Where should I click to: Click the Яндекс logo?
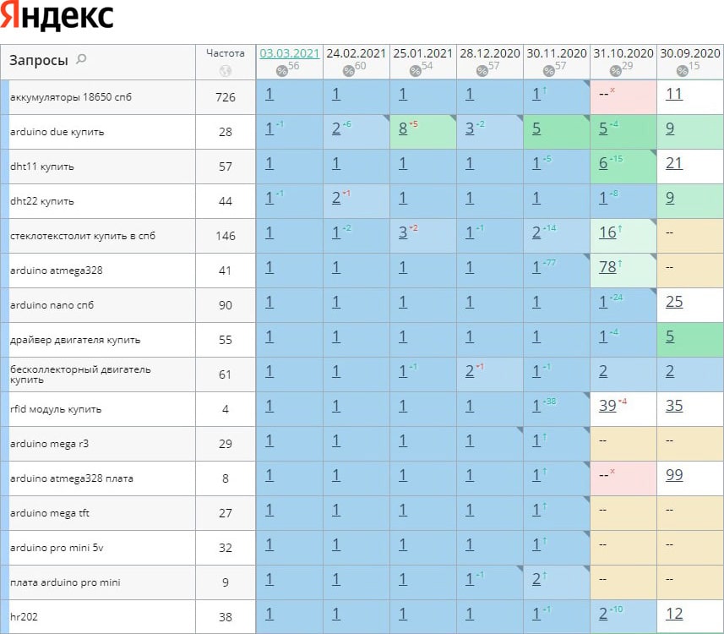tap(57, 18)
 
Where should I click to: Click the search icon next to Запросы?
tap(81, 59)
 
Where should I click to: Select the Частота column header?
tap(225, 52)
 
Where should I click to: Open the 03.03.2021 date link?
tap(290, 52)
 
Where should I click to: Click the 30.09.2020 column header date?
tap(689, 52)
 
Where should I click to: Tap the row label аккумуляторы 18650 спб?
tap(71, 97)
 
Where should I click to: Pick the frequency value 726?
tap(226, 97)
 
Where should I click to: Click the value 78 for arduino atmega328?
tap(607, 268)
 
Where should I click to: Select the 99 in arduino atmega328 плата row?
tap(673, 475)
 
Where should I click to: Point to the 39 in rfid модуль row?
tap(607, 406)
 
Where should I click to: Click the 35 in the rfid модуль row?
tap(673, 406)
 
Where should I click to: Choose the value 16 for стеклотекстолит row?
tap(607, 232)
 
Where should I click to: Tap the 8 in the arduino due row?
tap(403, 129)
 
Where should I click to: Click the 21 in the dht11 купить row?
tap(673, 163)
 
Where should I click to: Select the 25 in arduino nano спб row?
tap(673, 302)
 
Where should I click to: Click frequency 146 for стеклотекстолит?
tap(226, 236)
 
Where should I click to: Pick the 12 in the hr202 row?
tap(673, 614)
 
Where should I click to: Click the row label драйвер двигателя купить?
tap(75, 340)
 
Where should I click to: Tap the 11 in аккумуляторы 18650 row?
tap(673, 94)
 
